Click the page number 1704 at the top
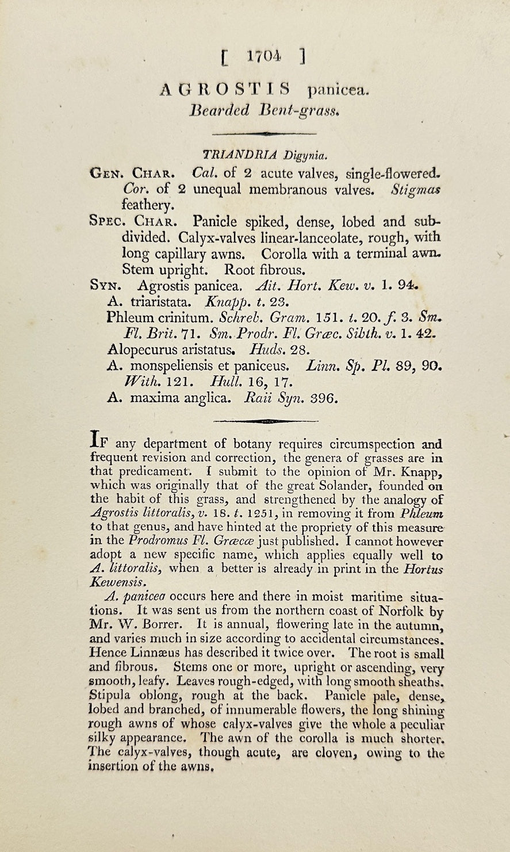pyautogui.click(x=263, y=56)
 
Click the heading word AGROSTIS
pyautogui.click(x=225, y=90)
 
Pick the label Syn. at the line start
pyautogui.click(x=104, y=285)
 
